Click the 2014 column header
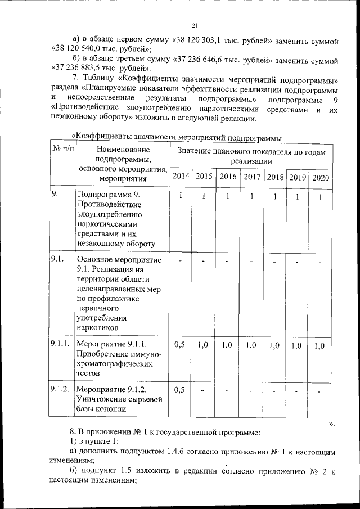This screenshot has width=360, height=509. tap(181, 177)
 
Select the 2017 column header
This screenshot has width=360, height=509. tap(251, 177)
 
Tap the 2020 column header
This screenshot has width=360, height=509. tap(321, 178)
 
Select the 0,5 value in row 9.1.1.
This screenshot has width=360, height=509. tap(180, 345)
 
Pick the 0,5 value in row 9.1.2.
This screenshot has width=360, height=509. tap(180, 389)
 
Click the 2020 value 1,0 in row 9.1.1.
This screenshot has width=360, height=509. tap(319, 346)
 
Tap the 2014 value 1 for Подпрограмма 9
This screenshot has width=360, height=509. tap(181, 196)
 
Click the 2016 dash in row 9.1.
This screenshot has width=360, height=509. tap(228, 262)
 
